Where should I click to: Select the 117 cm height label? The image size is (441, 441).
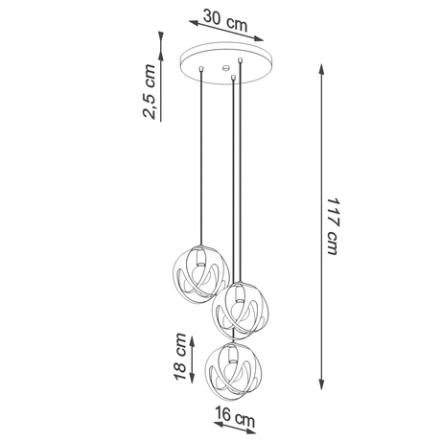pos(332,229)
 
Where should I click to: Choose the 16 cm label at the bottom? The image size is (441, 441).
pos(234,419)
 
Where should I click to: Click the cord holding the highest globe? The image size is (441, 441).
pos(199,163)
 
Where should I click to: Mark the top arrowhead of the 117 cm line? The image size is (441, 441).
pos(318,68)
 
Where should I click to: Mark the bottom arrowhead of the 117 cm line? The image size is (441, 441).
pos(317,389)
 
